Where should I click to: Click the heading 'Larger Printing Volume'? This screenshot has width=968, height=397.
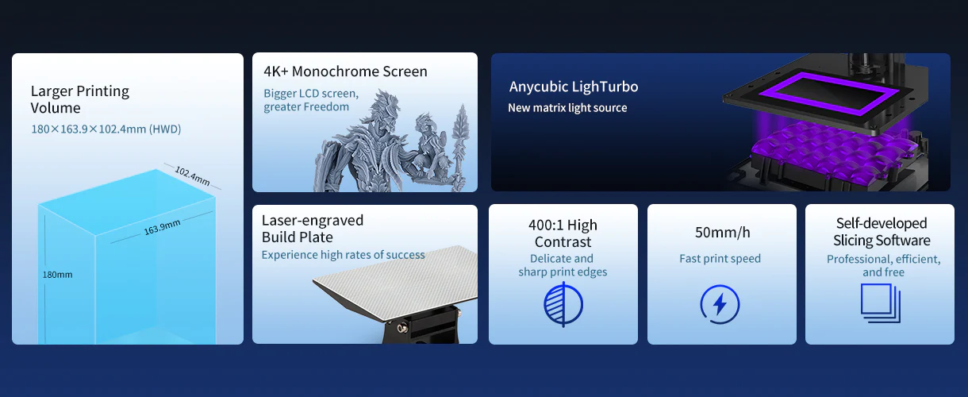click(80, 99)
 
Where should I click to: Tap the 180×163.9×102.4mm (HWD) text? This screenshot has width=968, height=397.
click(106, 129)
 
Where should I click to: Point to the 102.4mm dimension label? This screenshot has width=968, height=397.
click(192, 176)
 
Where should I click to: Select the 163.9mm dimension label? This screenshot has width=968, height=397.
click(162, 227)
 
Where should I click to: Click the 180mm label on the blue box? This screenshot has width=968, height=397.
click(57, 275)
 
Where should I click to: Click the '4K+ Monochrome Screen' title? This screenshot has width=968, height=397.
click(345, 71)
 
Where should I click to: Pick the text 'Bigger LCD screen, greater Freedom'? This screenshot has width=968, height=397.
click(311, 100)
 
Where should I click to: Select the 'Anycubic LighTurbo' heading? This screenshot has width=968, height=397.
click(574, 87)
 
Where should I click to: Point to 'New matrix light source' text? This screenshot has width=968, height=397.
click(567, 108)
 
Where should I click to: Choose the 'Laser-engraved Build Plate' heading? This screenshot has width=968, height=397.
click(313, 229)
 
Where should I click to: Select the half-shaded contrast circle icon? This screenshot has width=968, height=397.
click(563, 304)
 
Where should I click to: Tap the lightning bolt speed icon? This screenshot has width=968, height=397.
click(720, 304)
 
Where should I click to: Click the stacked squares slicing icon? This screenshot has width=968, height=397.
click(881, 303)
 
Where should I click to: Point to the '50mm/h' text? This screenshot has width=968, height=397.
click(722, 233)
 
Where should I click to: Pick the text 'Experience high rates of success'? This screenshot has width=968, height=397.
click(343, 255)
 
